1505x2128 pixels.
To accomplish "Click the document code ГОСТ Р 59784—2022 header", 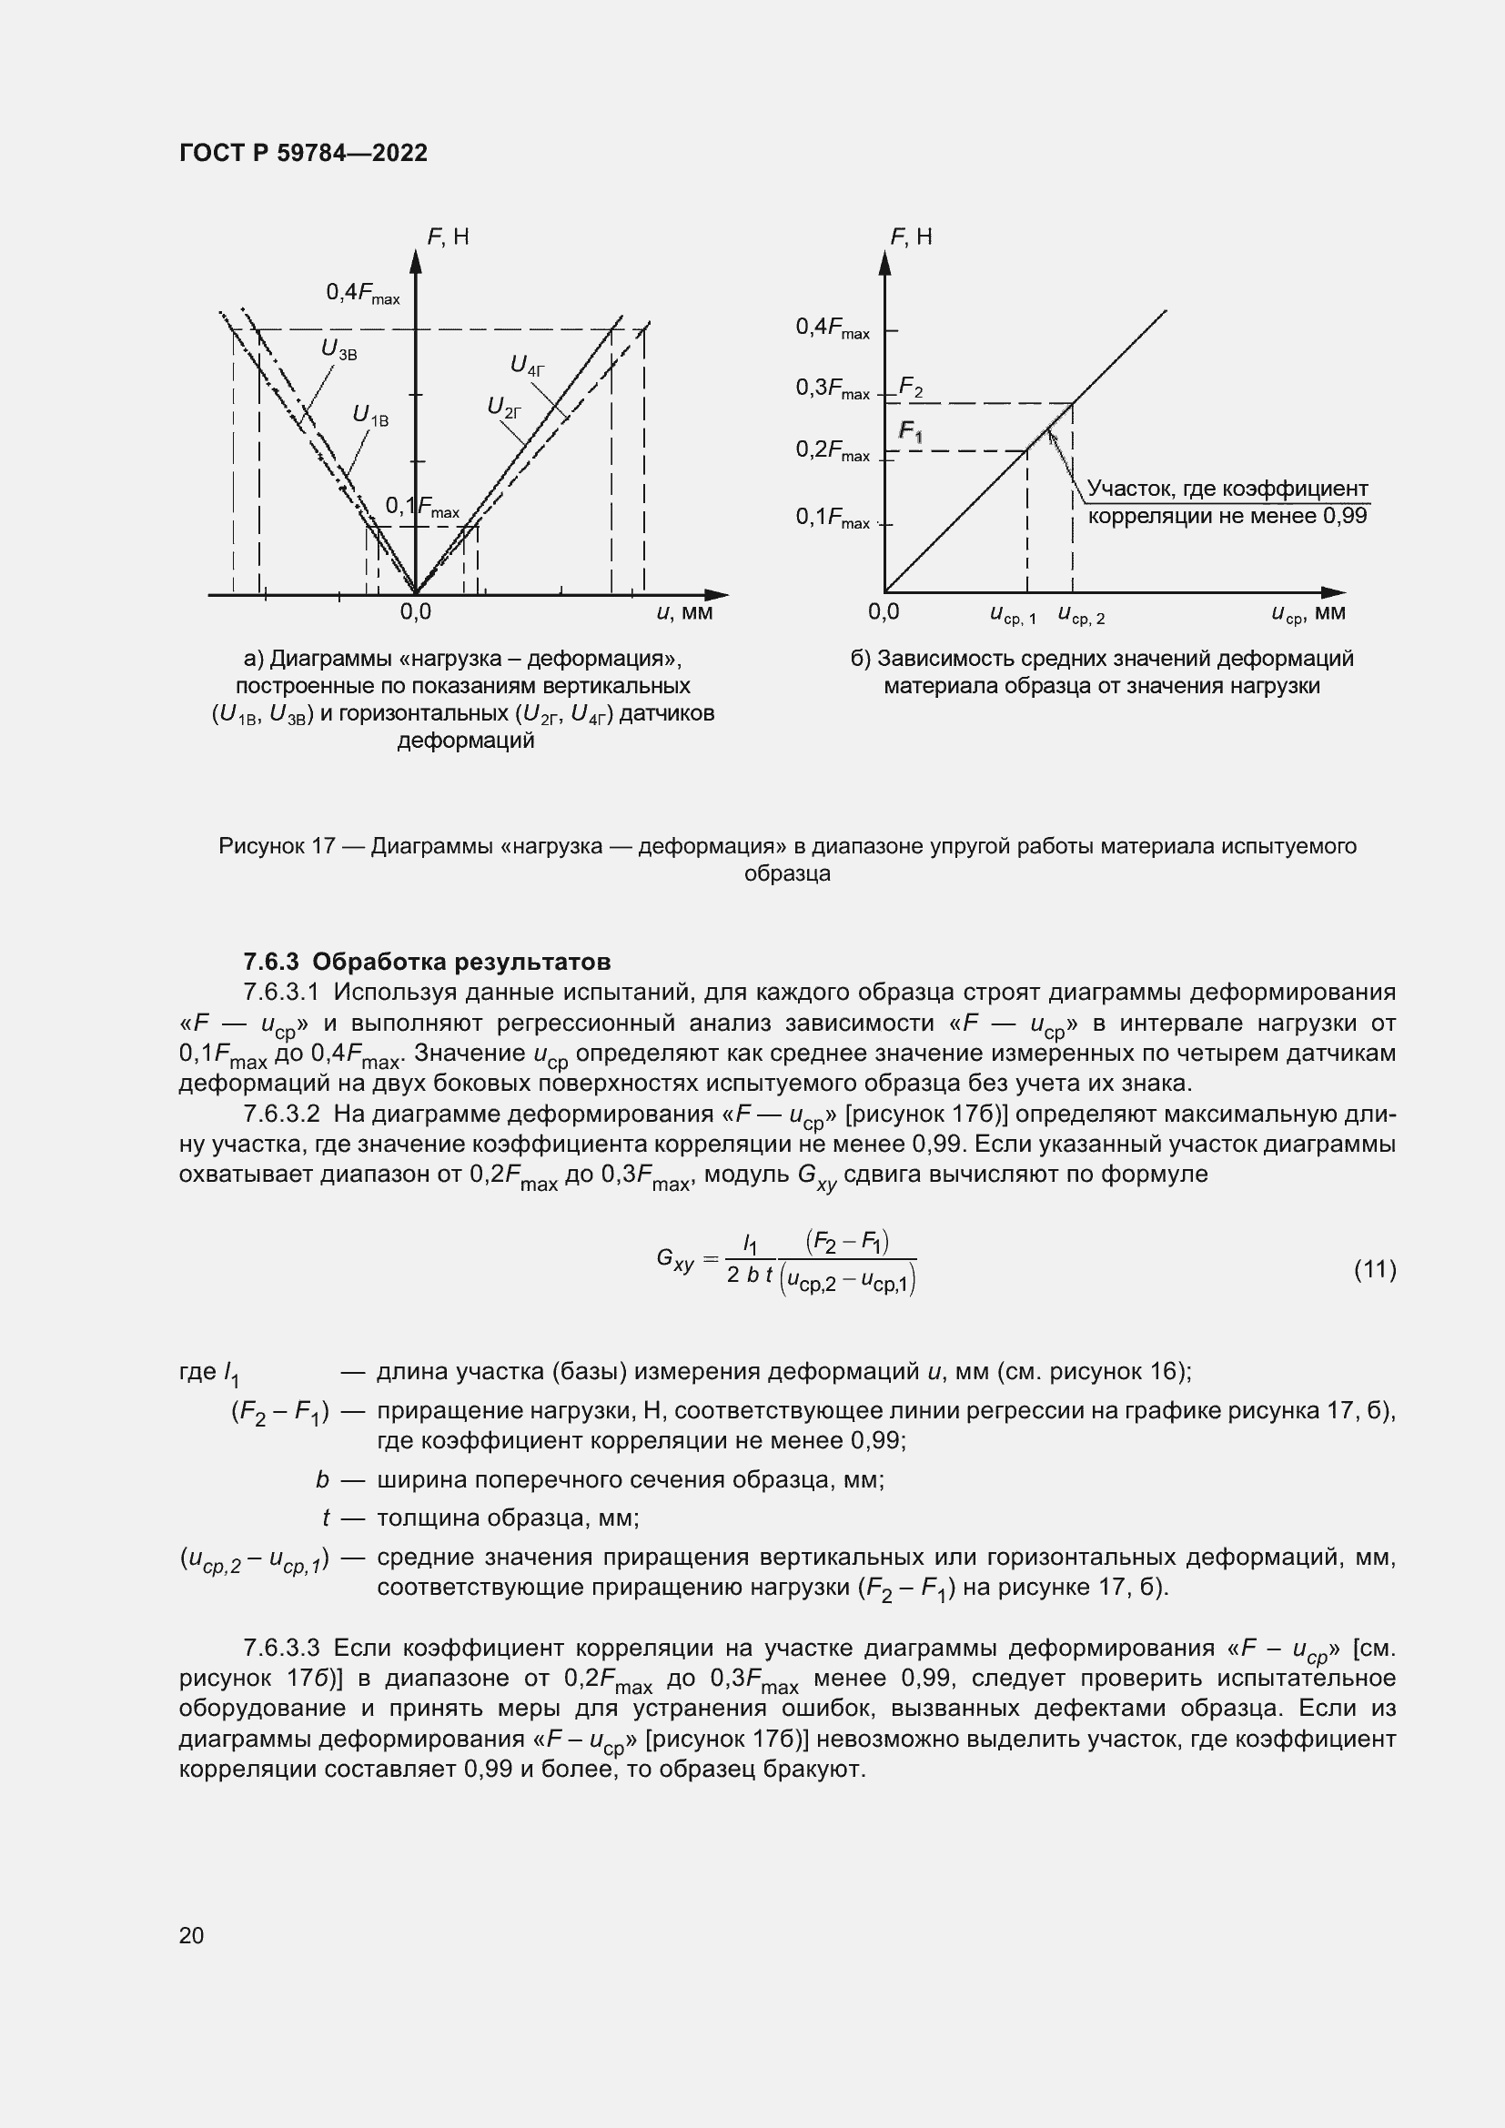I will tap(303, 153).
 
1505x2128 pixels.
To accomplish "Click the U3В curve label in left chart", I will tap(338, 349).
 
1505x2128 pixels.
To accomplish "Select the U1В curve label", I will tap(370, 416).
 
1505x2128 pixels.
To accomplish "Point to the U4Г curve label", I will tap(528, 365).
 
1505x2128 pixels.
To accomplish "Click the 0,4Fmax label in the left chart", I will tap(362, 294).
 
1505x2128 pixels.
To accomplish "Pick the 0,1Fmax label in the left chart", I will tap(421, 507).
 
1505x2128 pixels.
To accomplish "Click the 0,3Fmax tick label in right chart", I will tap(833, 389).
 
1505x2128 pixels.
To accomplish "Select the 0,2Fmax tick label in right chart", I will tap(833, 450).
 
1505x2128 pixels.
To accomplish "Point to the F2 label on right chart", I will tap(911, 388).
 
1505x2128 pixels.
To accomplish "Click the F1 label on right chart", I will tap(911, 432).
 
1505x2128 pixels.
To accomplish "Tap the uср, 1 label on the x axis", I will tap(1013, 614).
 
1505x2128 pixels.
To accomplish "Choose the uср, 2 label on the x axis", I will tap(1081, 614).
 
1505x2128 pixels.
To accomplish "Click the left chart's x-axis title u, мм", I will tap(684, 612).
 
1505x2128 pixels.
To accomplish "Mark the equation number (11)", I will tap(1374, 1269).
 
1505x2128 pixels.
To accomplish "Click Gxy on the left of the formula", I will tap(674, 1259).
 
